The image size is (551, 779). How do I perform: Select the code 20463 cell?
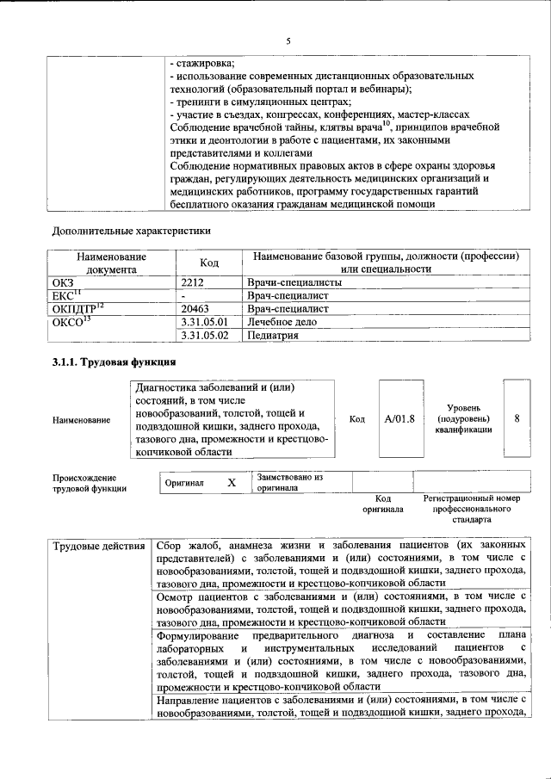pyautogui.click(x=200, y=307)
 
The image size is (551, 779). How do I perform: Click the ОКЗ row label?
pyautogui.click(x=65, y=281)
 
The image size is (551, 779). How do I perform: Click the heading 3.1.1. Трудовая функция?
pyautogui.click(x=115, y=362)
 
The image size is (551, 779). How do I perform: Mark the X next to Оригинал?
pyautogui.click(x=231, y=483)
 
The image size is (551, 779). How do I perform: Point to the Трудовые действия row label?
pyautogui.click(x=98, y=547)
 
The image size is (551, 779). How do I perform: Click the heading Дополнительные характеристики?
pyautogui.click(x=131, y=230)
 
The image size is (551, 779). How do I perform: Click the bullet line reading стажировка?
pyautogui.click(x=202, y=62)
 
